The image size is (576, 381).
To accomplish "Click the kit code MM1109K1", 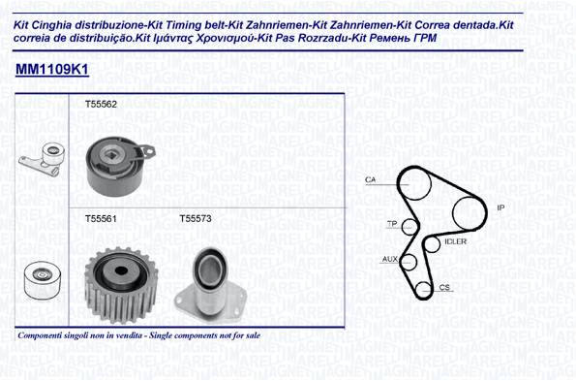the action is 52,69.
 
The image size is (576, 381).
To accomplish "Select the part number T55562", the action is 101,104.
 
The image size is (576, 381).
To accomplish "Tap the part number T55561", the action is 101,219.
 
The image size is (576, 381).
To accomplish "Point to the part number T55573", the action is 196,219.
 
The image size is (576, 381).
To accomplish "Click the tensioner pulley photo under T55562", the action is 120,166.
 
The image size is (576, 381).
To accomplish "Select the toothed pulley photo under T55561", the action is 121,285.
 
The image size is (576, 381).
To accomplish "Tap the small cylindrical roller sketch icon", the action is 43,280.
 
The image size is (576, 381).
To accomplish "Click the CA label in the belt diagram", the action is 370,179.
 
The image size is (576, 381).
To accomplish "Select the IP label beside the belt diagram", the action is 500,207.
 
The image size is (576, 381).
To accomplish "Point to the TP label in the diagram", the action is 392,224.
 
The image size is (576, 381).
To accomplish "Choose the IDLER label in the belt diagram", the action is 456,241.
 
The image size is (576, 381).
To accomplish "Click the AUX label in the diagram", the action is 390,259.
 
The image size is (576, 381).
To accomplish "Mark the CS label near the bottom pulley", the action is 444,287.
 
